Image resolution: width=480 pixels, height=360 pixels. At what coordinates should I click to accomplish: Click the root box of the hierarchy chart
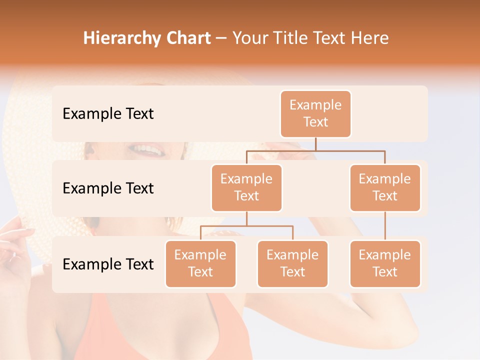tap(315, 113)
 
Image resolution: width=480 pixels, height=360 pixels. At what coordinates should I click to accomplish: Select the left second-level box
tap(246, 187)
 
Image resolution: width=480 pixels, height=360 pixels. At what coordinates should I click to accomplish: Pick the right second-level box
tap(385, 187)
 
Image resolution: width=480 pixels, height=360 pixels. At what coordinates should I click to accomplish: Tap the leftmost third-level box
tap(200, 263)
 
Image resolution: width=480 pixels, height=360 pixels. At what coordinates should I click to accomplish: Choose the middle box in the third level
tap(292, 263)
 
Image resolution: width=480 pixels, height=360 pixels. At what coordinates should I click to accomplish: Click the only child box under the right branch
tap(385, 263)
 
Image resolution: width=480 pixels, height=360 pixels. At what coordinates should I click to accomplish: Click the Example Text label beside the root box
tap(108, 114)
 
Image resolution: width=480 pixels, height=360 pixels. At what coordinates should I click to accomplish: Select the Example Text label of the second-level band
tap(108, 188)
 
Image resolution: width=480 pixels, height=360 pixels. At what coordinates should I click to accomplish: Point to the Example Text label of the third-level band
tap(108, 264)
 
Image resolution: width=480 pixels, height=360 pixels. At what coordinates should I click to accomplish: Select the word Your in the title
tap(249, 38)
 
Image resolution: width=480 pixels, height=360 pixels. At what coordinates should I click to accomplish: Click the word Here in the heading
tap(368, 38)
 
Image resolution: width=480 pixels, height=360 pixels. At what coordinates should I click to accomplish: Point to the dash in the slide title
tap(221, 39)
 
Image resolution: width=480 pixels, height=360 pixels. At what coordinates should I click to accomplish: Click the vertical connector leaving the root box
tap(315, 143)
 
